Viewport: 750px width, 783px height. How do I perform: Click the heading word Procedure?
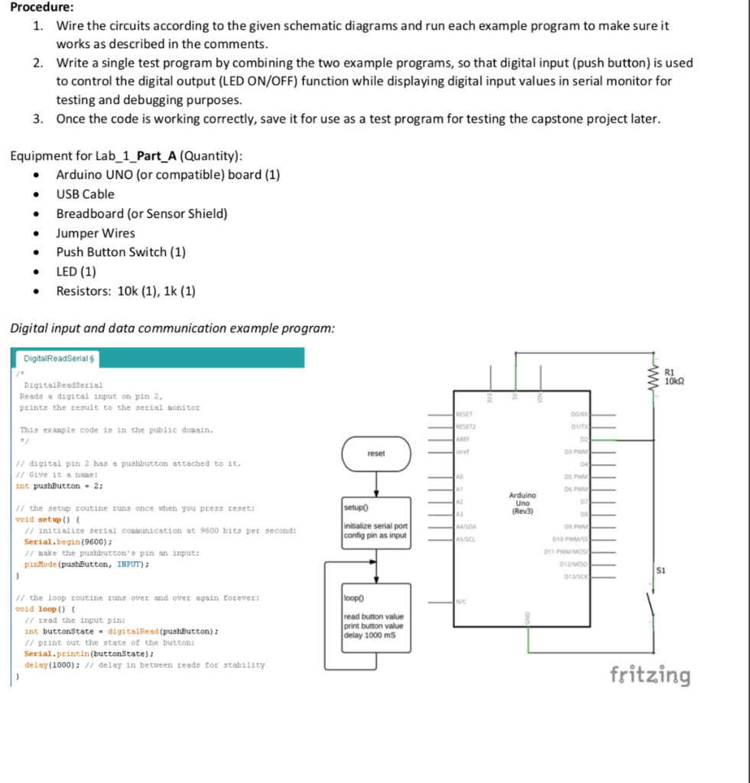pyautogui.click(x=42, y=8)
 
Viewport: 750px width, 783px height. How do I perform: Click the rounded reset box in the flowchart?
pyautogui.click(x=376, y=453)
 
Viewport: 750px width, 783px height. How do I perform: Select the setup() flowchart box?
pyautogui.click(x=376, y=525)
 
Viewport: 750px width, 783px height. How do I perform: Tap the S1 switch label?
pyautogui.click(x=662, y=570)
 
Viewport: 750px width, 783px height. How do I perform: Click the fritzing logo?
pyautogui.click(x=650, y=675)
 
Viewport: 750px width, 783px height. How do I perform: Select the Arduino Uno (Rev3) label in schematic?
pyautogui.click(x=523, y=503)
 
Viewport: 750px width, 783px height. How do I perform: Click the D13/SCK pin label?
pyautogui.click(x=576, y=577)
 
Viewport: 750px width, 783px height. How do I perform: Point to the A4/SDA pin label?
pyautogui.click(x=466, y=528)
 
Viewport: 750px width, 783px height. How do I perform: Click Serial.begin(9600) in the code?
pyautogui.click(x=57, y=541)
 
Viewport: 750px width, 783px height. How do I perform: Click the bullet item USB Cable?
pyautogui.click(x=85, y=194)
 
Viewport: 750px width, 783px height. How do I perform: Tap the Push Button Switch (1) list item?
pyautogui.click(x=121, y=252)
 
